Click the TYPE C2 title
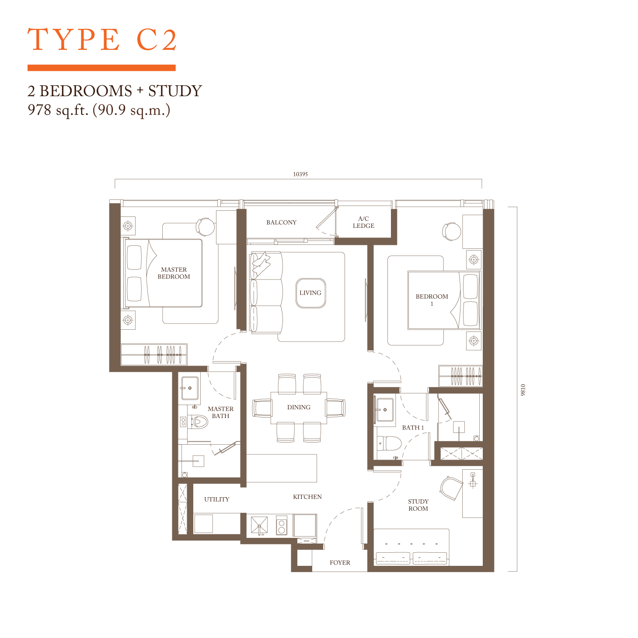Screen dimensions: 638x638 point(101,40)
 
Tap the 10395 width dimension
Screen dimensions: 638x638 point(300,174)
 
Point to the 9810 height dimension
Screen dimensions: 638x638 point(523,390)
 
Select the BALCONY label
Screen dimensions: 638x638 point(282,223)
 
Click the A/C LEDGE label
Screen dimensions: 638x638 point(363,222)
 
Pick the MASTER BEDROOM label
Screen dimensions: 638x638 point(174,273)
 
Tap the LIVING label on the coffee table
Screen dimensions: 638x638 point(310,293)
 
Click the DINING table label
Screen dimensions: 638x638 point(299,407)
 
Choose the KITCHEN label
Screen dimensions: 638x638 point(307,497)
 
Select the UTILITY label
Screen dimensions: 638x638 point(216,499)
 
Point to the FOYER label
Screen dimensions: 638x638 point(340,562)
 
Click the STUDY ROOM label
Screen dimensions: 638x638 point(418,505)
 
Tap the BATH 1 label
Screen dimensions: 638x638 point(413,428)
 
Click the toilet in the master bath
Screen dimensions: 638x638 point(198,422)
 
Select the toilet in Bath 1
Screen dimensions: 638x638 point(389,443)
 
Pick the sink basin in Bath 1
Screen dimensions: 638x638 point(385,410)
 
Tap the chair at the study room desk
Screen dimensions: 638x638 point(451,488)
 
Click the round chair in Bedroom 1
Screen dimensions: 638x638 point(452,231)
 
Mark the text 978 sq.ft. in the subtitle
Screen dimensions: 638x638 point(58,111)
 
